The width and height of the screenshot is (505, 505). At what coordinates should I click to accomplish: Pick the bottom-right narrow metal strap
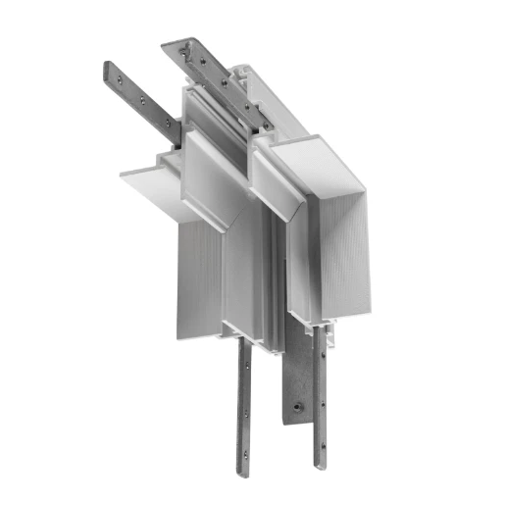click(x=319, y=412)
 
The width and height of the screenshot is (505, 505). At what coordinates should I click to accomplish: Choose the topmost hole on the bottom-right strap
click(x=318, y=342)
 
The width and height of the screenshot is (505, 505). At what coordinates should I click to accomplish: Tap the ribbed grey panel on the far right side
click(x=348, y=255)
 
